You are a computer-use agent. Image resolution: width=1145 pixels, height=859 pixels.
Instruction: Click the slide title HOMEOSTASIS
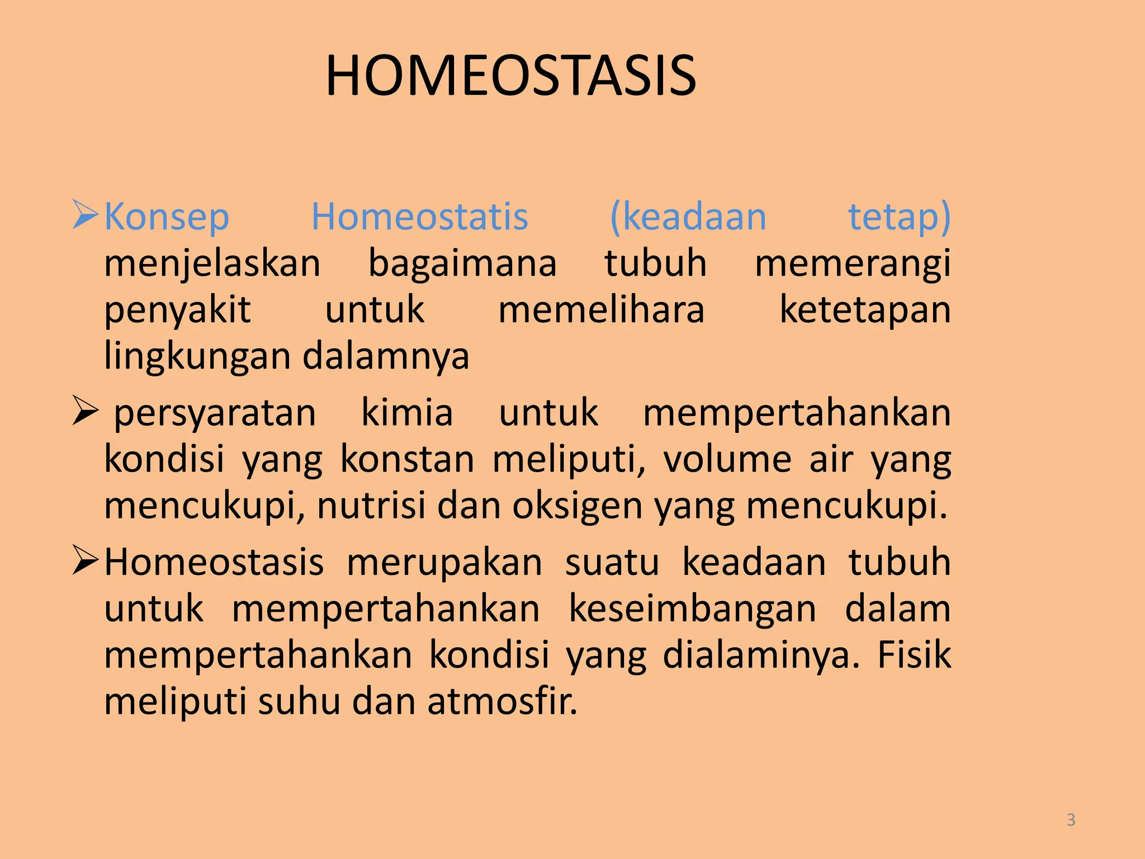tap(510, 77)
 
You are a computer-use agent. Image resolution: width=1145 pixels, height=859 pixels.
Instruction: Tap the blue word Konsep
tap(167, 217)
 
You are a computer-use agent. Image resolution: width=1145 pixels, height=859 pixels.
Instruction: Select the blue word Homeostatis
tap(419, 217)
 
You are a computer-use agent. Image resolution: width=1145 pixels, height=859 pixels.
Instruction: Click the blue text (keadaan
tap(688, 217)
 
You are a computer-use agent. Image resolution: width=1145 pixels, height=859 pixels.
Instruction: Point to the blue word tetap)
tap(899, 217)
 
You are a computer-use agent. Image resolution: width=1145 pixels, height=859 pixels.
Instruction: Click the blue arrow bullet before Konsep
tap(86, 215)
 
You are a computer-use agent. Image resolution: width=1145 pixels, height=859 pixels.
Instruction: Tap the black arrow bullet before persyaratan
tap(86, 412)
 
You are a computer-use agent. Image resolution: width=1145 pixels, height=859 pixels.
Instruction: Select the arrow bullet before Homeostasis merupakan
tap(86, 561)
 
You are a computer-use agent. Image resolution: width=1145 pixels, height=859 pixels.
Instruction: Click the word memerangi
tap(853, 264)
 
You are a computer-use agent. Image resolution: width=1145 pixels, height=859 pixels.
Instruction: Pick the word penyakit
tap(178, 311)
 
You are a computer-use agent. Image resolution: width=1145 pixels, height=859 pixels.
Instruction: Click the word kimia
tap(407, 413)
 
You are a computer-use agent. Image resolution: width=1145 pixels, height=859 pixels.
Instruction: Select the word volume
tap(727, 460)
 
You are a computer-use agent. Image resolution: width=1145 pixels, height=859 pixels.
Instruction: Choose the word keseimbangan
tap(692, 609)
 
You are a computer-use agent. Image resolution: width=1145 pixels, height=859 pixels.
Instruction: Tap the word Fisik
tap(914, 655)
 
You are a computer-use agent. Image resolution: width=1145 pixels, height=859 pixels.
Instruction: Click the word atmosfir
tap(501, 702)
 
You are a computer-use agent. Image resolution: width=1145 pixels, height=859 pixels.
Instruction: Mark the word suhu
tap(299, 702)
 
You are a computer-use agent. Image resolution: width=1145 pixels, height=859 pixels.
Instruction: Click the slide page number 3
tap(1071, 820)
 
